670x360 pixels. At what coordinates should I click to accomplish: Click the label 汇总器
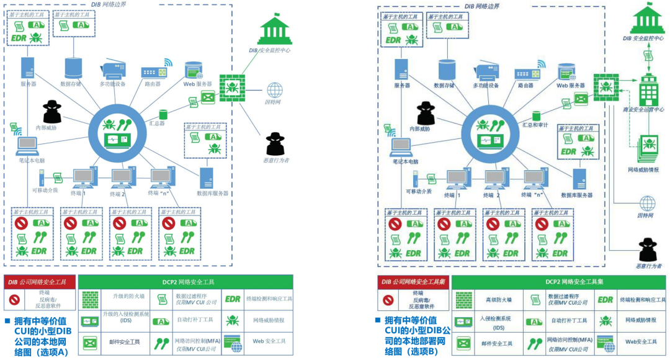point(158,124)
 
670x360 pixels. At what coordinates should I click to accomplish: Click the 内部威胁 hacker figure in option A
point(52,112)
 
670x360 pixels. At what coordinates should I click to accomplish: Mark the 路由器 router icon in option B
point(527,73)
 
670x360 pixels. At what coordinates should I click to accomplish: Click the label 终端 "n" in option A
point(159,193)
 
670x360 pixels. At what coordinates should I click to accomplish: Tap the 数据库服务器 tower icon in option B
point(580,179)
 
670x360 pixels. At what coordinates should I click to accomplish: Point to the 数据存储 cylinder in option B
point(445,70)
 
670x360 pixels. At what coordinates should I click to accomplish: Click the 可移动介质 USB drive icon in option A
point(42,178)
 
